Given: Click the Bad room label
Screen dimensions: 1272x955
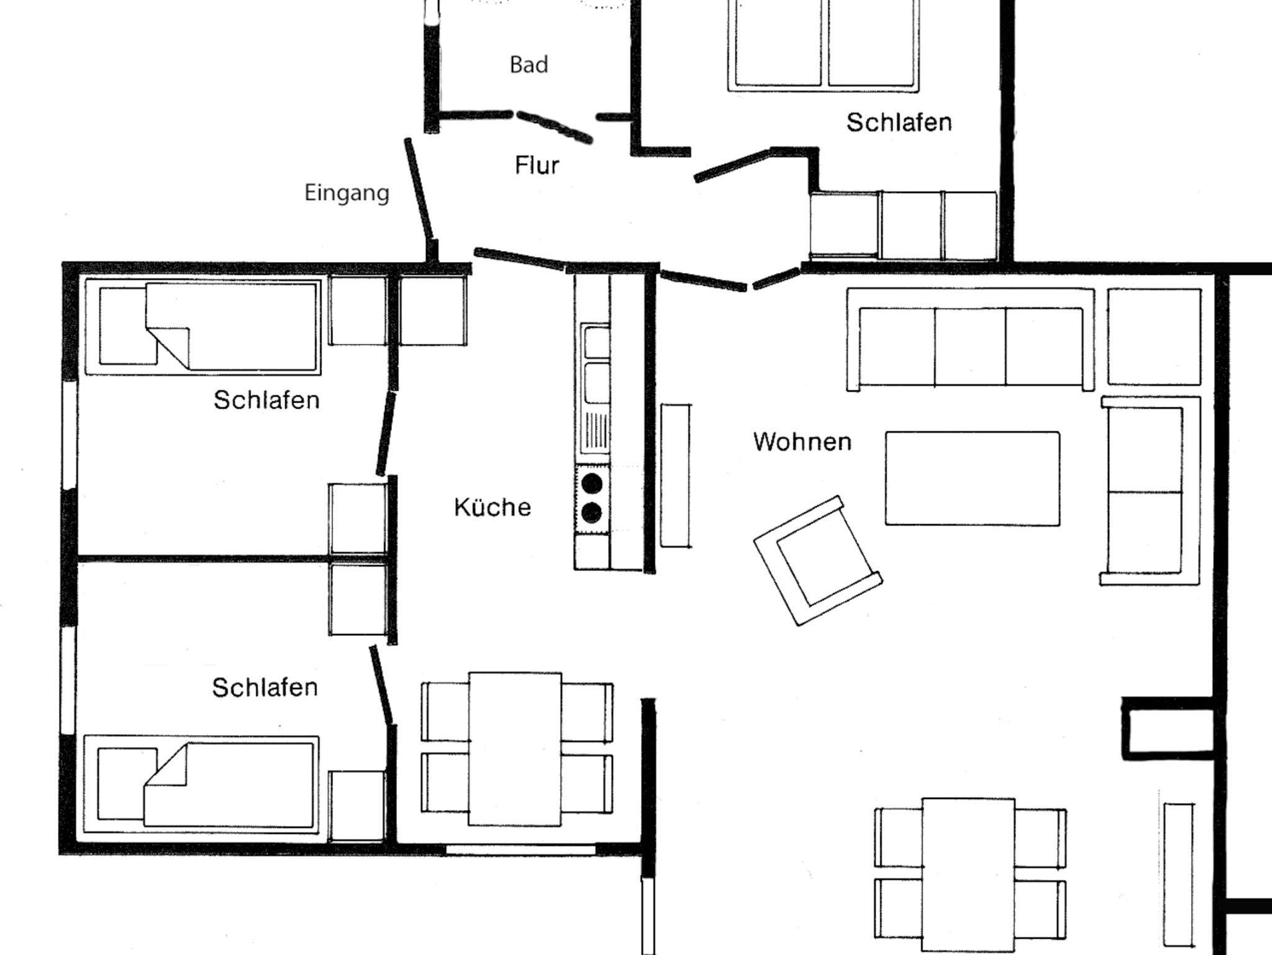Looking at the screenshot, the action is [529, 65].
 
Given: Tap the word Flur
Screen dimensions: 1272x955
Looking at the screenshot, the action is [537, 165].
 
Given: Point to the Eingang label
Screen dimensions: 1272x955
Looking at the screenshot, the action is [347, 193].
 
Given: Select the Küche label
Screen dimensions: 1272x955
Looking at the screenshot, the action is [493, 507].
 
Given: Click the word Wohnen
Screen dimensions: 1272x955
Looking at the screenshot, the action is [802, 441].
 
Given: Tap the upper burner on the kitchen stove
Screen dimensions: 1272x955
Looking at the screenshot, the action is [592, 483].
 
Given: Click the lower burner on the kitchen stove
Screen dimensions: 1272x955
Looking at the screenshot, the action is [592, 512].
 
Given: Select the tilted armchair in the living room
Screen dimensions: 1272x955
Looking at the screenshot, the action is [818, 560].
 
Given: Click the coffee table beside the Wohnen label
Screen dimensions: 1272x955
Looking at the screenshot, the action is [973, 478].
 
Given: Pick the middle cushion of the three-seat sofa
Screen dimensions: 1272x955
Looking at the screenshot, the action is [970, 345].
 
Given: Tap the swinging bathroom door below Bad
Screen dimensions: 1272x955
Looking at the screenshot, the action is [554, 126].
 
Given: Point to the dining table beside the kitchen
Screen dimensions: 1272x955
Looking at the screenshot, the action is [515, 749].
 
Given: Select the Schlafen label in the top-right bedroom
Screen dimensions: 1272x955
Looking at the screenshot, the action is [899, 122].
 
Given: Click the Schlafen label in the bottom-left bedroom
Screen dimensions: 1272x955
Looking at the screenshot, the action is [265, 687].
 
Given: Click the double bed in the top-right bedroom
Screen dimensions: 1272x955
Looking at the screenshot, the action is [824, 43].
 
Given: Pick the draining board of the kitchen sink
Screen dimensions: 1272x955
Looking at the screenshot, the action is [594, 432].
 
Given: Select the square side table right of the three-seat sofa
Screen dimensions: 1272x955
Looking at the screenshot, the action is [1154, 336].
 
